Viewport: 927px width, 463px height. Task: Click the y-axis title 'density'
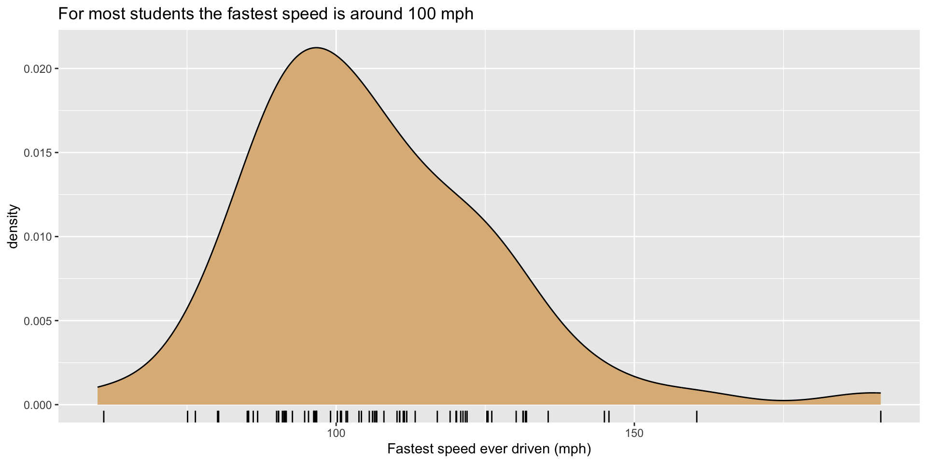point(14,227)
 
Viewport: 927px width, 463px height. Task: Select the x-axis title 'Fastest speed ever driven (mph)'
point(489,449)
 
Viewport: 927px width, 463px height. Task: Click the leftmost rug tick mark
point(104,416)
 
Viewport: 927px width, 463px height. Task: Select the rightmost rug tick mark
point(881,416)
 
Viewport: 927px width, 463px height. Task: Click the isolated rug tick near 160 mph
point(696,416)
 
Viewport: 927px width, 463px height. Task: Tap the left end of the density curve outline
point(98,387)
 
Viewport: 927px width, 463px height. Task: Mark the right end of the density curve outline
point(880,393)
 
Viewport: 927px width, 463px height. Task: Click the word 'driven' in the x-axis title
point(531,449)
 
